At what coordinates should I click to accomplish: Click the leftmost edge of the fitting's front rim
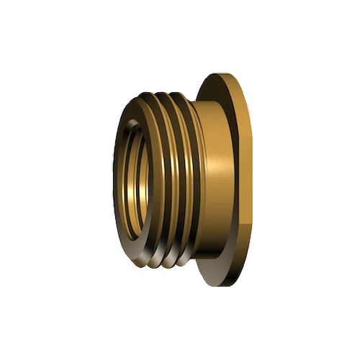(114, 180)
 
